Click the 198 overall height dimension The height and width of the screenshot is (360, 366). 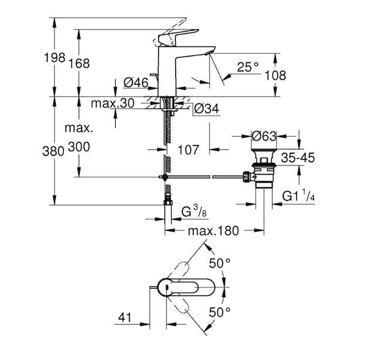[55, 58]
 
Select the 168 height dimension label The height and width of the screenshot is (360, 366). [79, 63]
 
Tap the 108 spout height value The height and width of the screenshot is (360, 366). [275, 76]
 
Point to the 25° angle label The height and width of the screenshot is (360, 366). [248, 67]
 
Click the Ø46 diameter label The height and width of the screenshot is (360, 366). [136, 83]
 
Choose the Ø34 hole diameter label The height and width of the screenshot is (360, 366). [207, 109]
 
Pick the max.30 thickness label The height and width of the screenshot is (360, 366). [113, 103]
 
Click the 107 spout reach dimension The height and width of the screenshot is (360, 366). [188, 149]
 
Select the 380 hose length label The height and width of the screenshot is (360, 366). [53, 151]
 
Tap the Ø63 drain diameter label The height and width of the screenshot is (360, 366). [264, 136]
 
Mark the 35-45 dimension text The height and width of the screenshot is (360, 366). [298, 158]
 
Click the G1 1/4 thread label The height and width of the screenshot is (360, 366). [299, 196]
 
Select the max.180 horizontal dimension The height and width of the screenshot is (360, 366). [214, 230]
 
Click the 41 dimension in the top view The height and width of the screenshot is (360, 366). [125, 317]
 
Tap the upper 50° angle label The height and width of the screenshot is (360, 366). [220, 263]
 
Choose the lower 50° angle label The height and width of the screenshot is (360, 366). [220, 312]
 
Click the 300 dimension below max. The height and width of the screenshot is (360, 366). [79, 147]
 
